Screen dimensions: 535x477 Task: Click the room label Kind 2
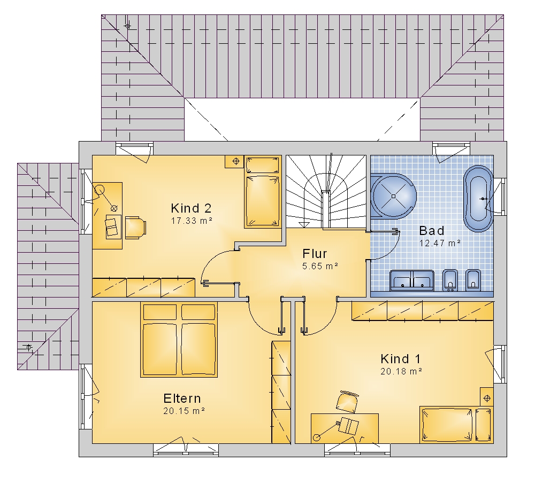click(191, 208)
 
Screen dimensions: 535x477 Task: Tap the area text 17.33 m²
click(192, 221)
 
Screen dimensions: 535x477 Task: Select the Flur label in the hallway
click(315, 254)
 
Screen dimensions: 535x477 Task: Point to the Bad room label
click(432, 231)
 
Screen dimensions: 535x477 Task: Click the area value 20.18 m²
click(401, 371)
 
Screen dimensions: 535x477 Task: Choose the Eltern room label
click(182, 398)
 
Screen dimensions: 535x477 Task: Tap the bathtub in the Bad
click(478, 199)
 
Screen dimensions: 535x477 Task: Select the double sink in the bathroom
click(412, 281)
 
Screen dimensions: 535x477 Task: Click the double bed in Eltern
click(179, 340)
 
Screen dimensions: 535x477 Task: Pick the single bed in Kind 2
click(263, 192)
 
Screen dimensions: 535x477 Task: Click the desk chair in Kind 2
click(135, 227)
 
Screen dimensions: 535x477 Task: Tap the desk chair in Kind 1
click(348, 402)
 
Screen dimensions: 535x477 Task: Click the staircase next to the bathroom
click(326, 192)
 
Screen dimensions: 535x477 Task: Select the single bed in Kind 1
click(456, 425)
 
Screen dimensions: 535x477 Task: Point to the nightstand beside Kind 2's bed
click(234, 161)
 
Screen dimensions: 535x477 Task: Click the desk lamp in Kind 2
click(106, 198)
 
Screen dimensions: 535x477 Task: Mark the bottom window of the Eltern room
click(186, 450)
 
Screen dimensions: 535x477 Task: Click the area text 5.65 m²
click(320, 266)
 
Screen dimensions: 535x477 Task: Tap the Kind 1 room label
click(400, 359)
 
